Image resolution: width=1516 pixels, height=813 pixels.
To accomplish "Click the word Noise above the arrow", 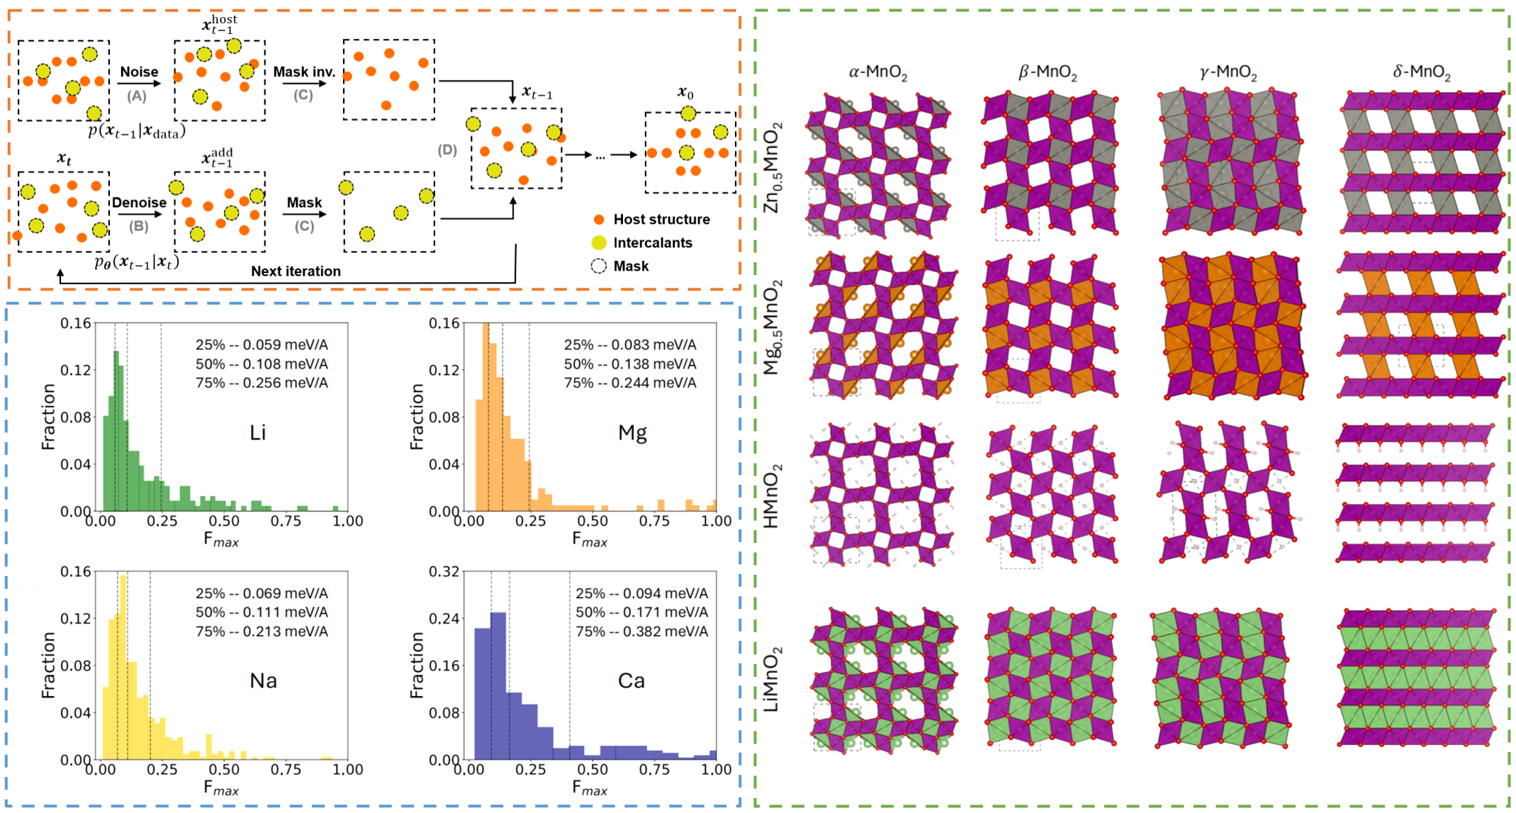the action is (x=139, y=72).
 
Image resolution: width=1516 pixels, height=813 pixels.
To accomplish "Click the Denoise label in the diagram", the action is (x=139, y=203).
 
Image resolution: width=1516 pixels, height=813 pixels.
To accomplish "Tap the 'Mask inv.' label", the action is (x=304, y=72).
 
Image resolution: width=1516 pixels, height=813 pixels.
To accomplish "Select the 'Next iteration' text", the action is (x=296, y=271).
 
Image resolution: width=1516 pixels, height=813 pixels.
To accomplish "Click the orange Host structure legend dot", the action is (x=599, y=220).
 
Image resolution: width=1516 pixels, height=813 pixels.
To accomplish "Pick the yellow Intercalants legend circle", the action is (x=599, y=243).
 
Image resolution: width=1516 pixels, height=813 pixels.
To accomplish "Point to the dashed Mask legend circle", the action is (x=599, y=267).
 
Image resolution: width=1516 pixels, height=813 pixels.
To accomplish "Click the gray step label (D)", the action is (x=447, y=150).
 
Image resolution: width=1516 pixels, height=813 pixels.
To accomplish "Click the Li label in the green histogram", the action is (x=258, y=432).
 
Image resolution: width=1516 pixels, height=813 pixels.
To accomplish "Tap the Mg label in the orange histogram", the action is (x=632, y=433).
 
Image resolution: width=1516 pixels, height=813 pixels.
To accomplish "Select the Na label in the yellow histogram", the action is (x=263, y=680).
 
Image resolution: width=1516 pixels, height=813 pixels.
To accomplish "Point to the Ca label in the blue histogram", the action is (x=631, y=680).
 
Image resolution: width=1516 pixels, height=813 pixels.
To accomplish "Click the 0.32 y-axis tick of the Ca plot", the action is (x=444, y=571).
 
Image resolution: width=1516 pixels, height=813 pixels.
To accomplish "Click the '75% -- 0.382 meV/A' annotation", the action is (x=641, y=632).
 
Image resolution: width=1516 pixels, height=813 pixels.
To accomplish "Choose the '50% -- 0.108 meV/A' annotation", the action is (x=262, y=364).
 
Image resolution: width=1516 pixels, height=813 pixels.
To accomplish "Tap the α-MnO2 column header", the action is (x=877, y=72).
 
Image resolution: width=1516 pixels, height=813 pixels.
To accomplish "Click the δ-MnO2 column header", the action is (x=1421, y=72).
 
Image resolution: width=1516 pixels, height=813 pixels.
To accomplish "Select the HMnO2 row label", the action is (x=771, y=496).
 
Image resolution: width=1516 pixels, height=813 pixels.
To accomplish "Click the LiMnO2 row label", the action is (x=771, y=679).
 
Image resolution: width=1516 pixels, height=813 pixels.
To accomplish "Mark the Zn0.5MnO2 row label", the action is (x=773, y=167).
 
